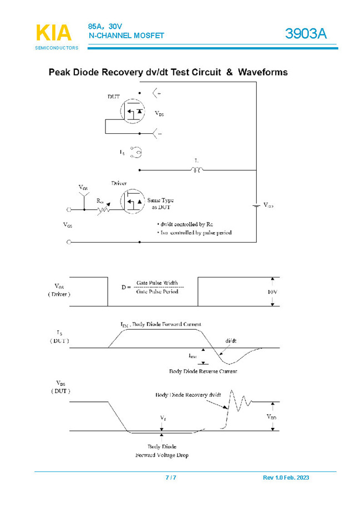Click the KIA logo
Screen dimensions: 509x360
pos(54,33)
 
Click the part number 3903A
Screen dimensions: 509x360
pos(306,34)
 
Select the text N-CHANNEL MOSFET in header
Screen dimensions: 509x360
pos(126,36)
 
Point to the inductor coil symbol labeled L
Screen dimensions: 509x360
pos(197,169)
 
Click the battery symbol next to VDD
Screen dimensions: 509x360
pos(256,205)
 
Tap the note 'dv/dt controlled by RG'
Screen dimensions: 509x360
pos(186,224)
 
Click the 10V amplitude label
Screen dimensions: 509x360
pos(272,291)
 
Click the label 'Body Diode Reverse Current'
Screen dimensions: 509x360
pos(203,371)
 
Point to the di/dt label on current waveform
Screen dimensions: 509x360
pos(231,340)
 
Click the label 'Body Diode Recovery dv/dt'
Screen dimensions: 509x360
pos(189,395)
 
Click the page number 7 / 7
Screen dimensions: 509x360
pos(171,478)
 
